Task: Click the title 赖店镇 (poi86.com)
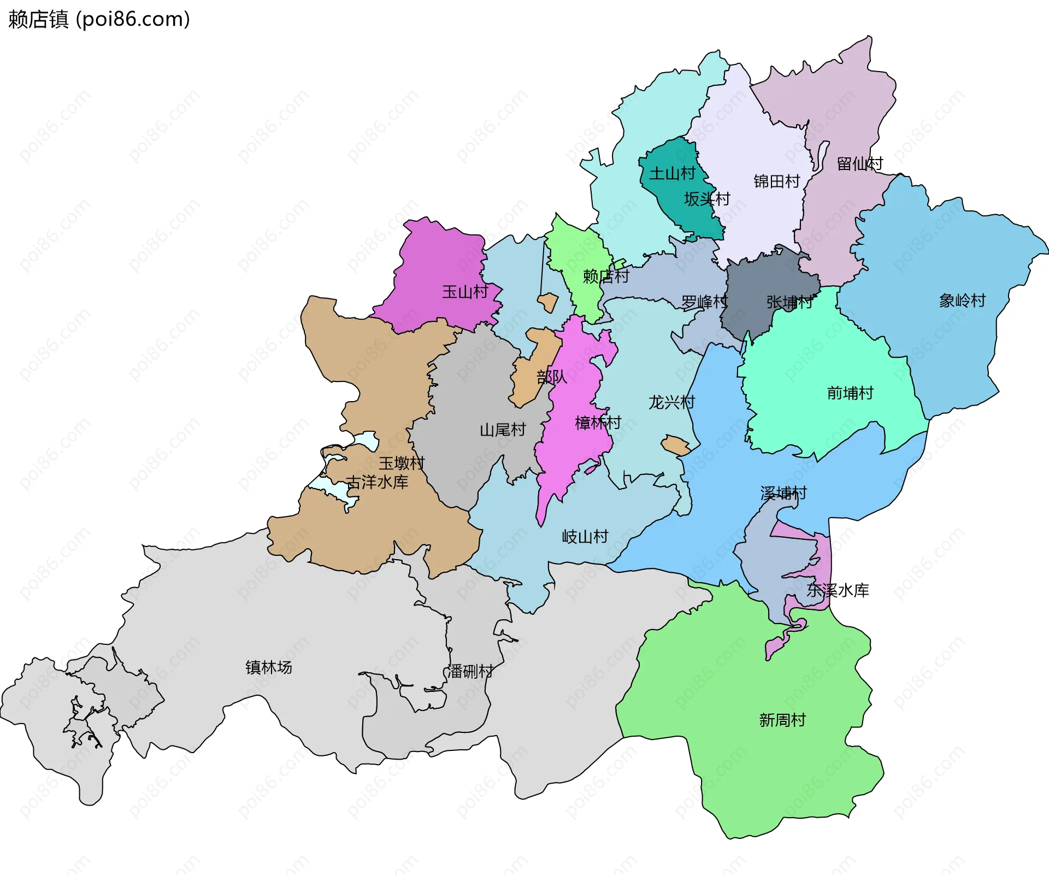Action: pos(99,19)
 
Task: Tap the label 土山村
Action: pos(672,174)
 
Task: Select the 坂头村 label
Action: pos(707,199)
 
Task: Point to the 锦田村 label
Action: pos(776,181)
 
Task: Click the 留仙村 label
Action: pos(859,164)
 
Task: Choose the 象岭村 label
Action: pos(962,301)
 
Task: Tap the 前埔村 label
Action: pos(850,393)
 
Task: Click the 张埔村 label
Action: pos(789,302)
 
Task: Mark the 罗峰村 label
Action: pos(704,302)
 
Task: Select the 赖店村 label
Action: pos(606,277)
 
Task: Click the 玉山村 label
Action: pos(465,292)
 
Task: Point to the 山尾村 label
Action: pos(503,430)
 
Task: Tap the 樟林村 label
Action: pos(598,422)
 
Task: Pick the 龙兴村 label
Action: pos(671,403)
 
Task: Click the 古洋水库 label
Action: pos(377,482)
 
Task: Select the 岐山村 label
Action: pos(585,537)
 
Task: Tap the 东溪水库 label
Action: pos(838,590)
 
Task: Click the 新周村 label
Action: pos(782,720)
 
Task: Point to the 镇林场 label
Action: pos(268,667)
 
